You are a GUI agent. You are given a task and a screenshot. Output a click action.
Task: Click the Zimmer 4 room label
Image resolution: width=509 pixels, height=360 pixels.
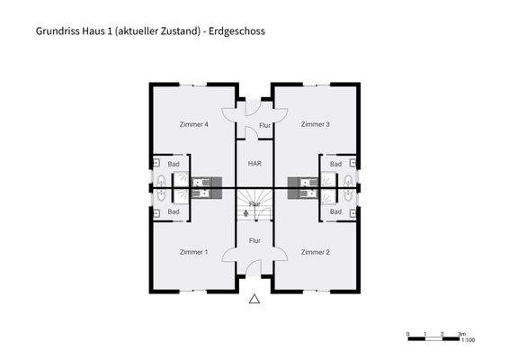coord(194,124)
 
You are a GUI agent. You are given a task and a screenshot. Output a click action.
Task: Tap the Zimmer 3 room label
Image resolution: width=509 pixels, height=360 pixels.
coord(316,124)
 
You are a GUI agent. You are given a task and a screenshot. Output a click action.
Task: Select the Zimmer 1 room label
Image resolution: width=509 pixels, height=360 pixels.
coord(193,252)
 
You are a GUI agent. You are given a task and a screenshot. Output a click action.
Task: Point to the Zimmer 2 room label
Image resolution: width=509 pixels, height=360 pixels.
coord(315,252)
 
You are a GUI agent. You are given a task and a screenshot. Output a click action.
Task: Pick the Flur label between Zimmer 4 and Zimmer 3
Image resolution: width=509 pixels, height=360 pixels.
coord(264,126)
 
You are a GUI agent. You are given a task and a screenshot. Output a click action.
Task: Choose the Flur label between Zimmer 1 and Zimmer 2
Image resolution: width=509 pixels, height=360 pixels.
coord(254,240)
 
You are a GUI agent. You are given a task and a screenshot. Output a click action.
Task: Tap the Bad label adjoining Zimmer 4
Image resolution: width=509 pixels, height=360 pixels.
coord(174,165)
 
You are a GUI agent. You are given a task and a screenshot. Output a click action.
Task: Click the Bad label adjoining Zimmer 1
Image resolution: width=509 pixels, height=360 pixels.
coord(174,211)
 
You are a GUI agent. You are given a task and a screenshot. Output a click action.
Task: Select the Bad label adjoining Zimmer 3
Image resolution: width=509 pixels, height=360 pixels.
coord(335,165)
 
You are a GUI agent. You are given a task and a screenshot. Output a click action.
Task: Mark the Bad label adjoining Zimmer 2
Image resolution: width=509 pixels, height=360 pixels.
coord(335,211)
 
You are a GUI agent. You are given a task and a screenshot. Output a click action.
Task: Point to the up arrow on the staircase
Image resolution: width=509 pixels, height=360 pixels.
coord(248,214)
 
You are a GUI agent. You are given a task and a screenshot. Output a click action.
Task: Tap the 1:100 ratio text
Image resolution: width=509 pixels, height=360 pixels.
coord(468,341)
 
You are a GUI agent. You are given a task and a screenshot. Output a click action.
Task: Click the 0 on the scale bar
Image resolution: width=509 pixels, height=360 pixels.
coord(408,333)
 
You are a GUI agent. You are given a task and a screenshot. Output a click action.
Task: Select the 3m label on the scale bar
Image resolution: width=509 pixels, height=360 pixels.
coord(460,333)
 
